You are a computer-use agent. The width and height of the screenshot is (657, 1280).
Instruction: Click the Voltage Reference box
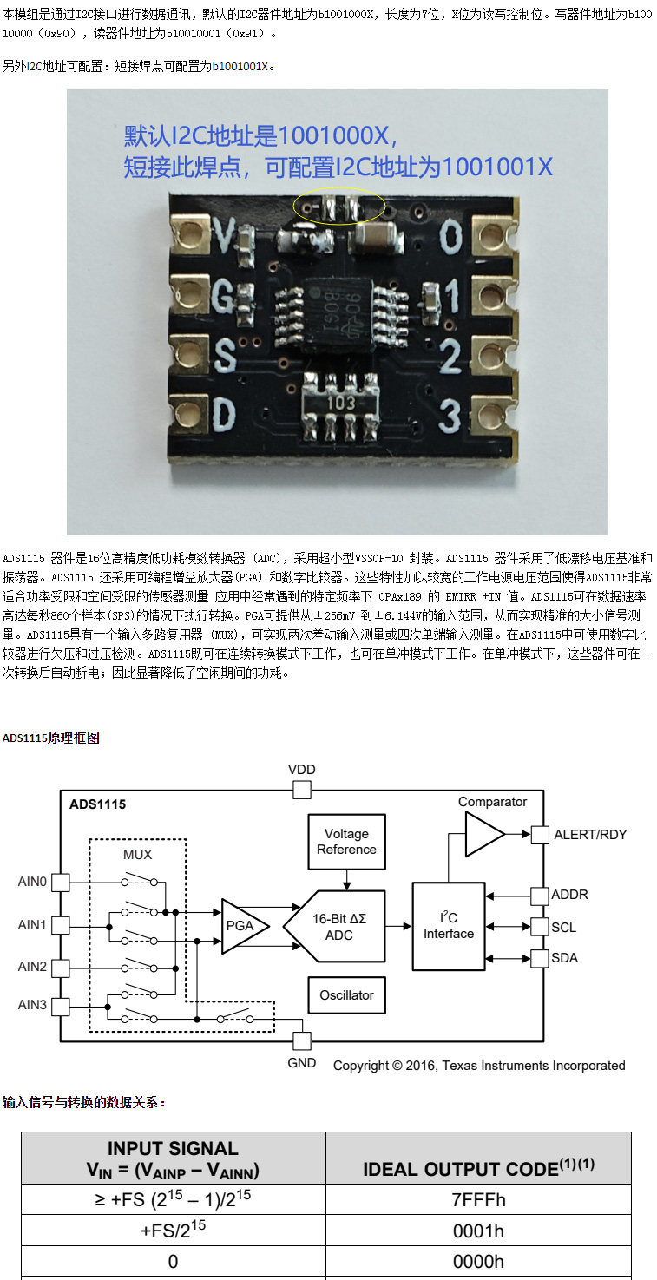(346, 842)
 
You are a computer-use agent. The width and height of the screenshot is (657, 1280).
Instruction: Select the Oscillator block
(346, 995)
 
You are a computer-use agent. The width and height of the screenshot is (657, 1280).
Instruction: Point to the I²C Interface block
(449, 926)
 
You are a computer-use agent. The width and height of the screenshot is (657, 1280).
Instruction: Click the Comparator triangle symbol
(484, 834)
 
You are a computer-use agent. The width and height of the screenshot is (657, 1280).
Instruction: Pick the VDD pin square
(302, 791)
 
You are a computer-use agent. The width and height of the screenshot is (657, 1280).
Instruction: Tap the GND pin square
(302, 1041)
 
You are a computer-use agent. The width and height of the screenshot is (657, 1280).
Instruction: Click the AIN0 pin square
(61, 883)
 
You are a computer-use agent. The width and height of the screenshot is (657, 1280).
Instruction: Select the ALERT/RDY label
(590, 834)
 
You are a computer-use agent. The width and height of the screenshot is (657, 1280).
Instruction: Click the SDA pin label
(564, 958)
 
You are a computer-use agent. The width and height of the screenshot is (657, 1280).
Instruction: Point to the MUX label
(138, 854)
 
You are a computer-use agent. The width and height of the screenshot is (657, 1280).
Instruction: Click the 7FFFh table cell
(479, 1199)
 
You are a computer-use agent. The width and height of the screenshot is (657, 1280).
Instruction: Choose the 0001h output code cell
(479, 1231)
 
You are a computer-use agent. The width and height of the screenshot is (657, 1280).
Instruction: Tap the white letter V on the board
(225, 235)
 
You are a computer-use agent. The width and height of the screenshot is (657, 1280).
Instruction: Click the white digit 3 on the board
(450, 416)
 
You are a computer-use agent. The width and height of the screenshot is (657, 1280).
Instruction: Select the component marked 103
(341, 407)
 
